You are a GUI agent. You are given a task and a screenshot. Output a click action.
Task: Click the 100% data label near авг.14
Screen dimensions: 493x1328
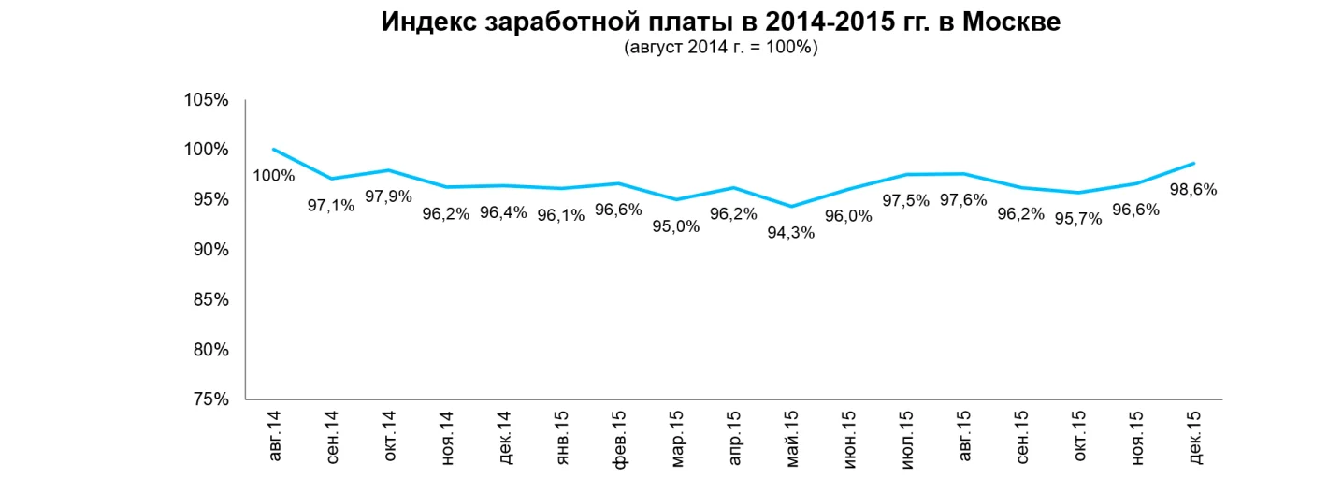[274, 176]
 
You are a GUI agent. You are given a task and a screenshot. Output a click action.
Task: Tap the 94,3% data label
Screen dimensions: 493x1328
[791, 233]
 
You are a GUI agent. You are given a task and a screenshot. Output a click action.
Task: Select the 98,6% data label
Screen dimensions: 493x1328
[1193, 189]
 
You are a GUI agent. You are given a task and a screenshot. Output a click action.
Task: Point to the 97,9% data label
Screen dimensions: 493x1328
[388, 196]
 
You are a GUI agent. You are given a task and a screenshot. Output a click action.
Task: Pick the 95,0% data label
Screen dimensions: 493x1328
[676, 225]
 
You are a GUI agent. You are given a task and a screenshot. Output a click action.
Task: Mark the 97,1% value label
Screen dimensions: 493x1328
[331, 205]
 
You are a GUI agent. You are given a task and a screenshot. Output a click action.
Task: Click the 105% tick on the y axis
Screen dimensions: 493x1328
[208, 100]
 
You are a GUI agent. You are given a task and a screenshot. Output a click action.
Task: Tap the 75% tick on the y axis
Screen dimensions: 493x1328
[211, 399]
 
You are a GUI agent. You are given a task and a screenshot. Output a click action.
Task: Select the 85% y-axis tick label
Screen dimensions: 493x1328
[211, 299]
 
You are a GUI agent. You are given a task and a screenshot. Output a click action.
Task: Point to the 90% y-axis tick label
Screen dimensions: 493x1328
[211, 250]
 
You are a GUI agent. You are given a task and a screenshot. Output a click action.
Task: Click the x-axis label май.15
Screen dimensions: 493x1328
[791, 436]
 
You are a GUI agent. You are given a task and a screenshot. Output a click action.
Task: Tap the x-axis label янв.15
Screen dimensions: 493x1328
[561, 436]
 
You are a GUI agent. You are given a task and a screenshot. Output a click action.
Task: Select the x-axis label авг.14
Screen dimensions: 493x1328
[274, 435]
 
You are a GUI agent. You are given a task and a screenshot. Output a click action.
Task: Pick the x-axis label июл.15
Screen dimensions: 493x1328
[906, 436]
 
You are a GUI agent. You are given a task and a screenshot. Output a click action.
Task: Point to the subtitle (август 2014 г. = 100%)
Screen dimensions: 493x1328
[720, 49]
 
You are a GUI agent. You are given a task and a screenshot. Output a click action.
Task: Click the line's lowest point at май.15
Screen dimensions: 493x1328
[791, 207]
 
